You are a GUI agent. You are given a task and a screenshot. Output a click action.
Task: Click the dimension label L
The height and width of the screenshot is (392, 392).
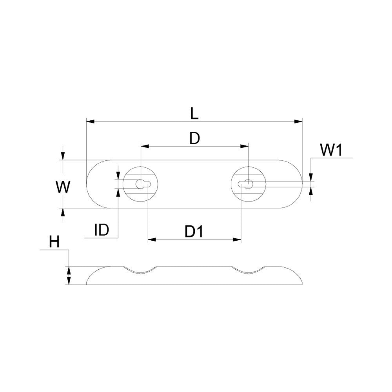pyautogui.click(x=194, y=114)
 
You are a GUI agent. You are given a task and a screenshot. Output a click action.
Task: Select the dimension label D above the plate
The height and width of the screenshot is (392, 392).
pyautogui.click(x=194, y=139)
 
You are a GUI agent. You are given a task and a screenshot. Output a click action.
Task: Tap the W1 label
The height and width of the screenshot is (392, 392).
pyautogui.click(x=331, y=151)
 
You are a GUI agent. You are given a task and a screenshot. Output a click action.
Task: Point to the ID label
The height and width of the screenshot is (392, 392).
pyautogui.click(x=102, y=230)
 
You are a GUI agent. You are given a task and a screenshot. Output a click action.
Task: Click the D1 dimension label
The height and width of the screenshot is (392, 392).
pyautogui.click(x=194, y=232)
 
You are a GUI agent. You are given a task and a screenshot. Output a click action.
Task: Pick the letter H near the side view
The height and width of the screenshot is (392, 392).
pyautogui.click(x=54, y=242)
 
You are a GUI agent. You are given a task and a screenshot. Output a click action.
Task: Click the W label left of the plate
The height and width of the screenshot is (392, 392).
pyautogui.click(x=63, y=187)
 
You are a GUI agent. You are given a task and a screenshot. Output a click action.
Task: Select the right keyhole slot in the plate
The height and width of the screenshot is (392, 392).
pyautogui.click(x=245, y=184)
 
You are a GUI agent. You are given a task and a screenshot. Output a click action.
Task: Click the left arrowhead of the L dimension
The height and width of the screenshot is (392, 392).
pyautogui.click(x=90, y=122)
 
